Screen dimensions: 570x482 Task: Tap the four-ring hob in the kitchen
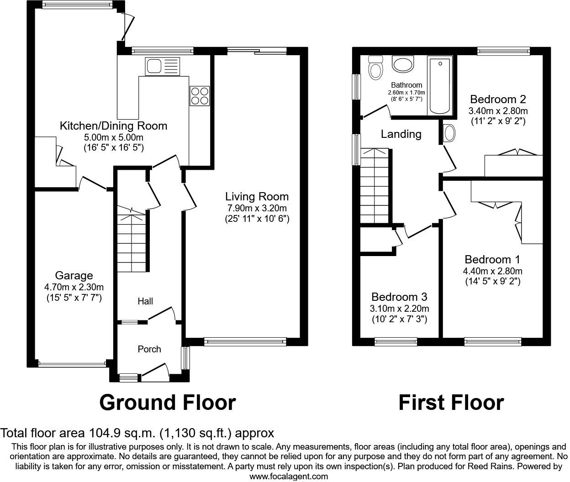200,96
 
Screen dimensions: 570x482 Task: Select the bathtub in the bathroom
439,85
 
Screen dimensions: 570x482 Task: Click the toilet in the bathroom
376,68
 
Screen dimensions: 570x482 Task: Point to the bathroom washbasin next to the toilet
403,64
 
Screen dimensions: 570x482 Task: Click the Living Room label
257,197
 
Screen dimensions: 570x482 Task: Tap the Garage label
74,276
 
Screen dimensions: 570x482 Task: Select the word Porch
149,349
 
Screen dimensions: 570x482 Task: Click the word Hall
145,301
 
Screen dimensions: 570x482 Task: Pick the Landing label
401,134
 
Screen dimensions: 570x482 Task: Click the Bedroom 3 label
399,297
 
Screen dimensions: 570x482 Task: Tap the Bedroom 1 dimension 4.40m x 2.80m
492,271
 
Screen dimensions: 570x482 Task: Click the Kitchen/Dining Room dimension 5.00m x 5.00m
114,137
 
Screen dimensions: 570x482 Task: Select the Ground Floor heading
167,403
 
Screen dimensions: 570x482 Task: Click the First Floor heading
451,403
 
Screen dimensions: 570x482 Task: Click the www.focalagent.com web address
289,477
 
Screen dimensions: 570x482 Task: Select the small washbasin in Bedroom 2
449,133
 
